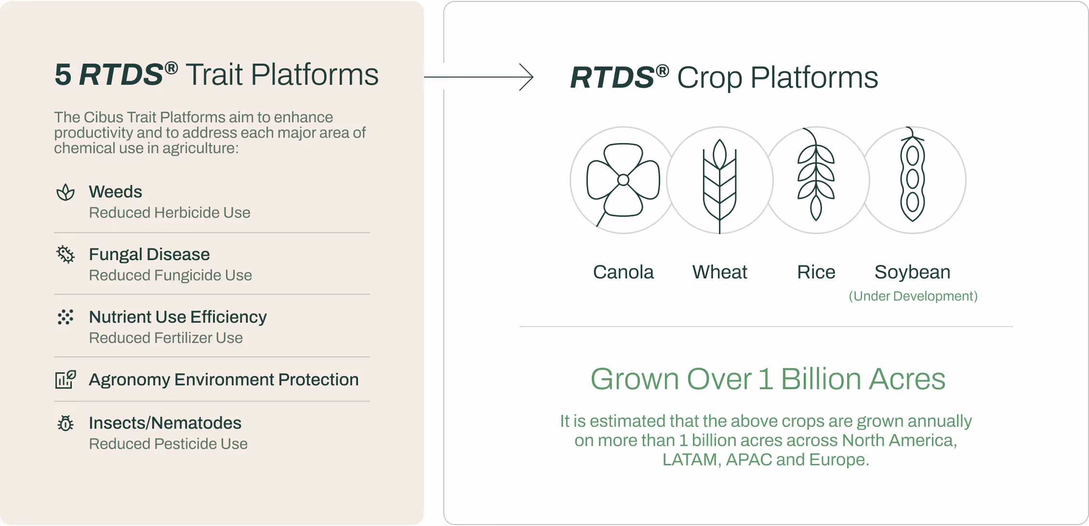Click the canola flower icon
(623, 180)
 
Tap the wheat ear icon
(719, 186)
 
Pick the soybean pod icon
(912, 174)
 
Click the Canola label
(623, 272)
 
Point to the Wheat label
(719, 272)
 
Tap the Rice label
(816, 272)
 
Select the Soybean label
(912, 273)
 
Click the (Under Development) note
(913, 296)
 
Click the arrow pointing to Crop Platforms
(478, 77)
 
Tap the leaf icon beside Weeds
(66, 192)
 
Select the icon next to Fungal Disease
(66, 254)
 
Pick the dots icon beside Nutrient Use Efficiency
(66, 317)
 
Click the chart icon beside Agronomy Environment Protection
(66, 379)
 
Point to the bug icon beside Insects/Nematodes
(66, 423)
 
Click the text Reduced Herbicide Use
(170, 212)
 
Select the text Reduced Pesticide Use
(168, 444)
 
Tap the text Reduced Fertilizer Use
(166, 338)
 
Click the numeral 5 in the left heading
(63, 75)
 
